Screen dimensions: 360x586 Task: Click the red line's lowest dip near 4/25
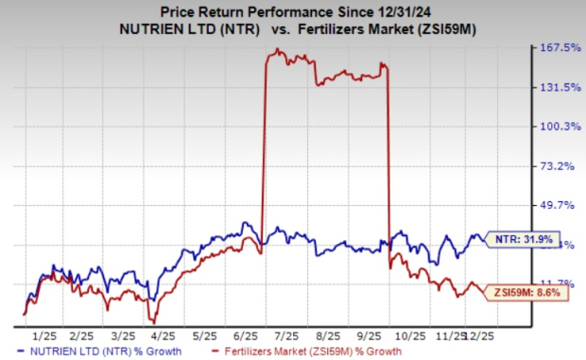click(150, 320)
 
